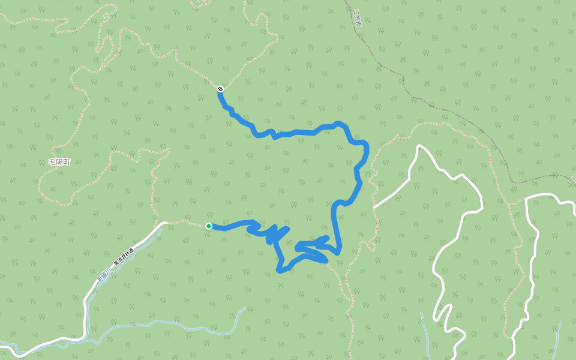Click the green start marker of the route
[x=209, y=226]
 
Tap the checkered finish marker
[x=220, y=89]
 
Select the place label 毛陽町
[x=59, y=163]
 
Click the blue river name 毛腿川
[x=102, y=277]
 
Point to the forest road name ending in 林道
[x=124, y=255]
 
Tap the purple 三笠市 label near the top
[x=358, y=15]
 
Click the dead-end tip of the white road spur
[x=374, y=207]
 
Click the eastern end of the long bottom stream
[x=245, y=308]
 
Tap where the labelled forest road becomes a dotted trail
[x=165, y=223]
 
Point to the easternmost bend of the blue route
[x=366, y=144]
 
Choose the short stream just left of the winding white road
[x=425, y=330]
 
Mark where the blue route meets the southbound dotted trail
[x=329, y=262]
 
